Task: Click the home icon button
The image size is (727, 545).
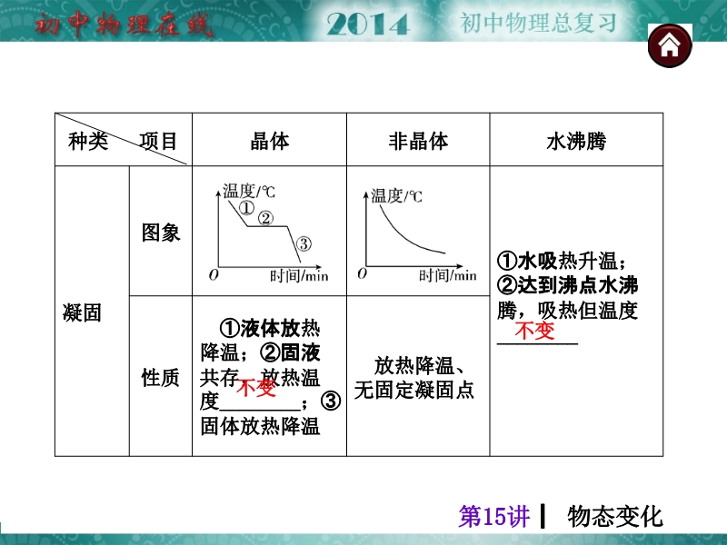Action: click(670, 46)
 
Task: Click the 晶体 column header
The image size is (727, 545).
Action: click(269, 141)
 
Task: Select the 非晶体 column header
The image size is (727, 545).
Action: click(418, 141)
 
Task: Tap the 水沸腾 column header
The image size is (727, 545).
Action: click(576, 141)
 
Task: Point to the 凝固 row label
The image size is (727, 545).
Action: click(82, 312)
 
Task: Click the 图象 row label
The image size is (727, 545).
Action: click(161, 233)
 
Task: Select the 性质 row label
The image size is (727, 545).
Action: click(161, 377)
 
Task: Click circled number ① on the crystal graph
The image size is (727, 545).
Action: click(246, 208)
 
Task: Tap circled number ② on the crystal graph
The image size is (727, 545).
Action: click(265, 218)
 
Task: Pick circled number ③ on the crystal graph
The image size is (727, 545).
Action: click(304, 243)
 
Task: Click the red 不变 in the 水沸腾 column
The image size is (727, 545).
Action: click(534, 331)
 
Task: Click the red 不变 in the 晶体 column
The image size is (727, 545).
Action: click(256, 387)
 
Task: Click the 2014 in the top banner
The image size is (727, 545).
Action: click(368, 24)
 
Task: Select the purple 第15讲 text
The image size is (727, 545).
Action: click(493, 516)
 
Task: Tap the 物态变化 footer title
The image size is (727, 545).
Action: click(615, 516)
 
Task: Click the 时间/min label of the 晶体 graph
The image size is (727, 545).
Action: click(299, 276)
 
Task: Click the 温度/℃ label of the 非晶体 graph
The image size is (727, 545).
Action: click(396, 196)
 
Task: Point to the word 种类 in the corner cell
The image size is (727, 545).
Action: click(88, 141)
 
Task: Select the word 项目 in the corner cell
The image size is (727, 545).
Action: click(158, 141)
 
